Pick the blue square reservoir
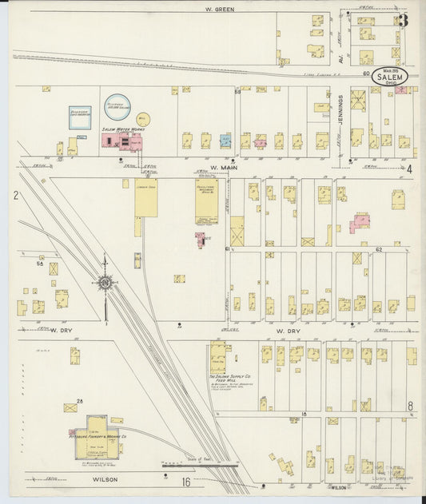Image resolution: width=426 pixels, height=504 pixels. [x=79, y=117]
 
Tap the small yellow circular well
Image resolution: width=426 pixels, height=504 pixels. [x=144, y=119]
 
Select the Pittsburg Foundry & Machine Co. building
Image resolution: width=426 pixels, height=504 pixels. [x=98, y=438]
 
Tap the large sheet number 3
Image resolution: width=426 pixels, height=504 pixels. [x=403, y=21]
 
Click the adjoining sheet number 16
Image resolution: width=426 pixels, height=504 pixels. [x=185, y=482]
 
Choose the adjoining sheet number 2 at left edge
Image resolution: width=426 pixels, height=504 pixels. [x=15, y=195]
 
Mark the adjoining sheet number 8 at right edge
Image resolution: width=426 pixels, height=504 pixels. [x=410, y=406]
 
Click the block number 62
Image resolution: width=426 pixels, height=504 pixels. [x=380, y=249]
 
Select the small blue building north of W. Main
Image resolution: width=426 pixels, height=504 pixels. [x=225, y=141]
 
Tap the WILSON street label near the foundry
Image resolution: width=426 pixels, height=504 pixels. [x=105, y=481]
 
